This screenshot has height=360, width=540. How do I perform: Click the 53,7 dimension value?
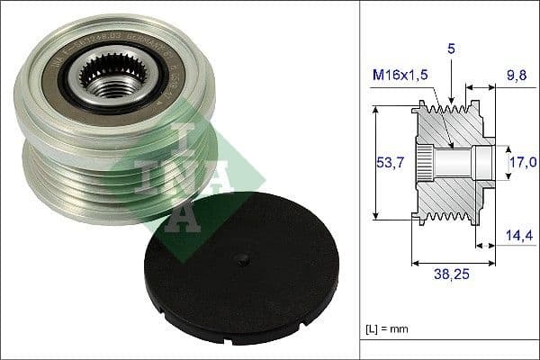[387, 162]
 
